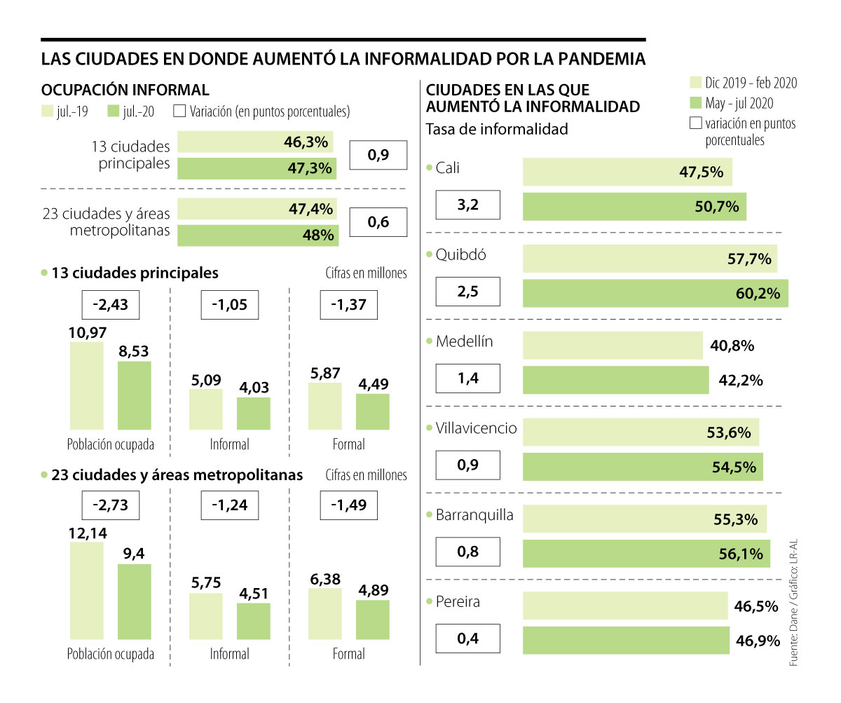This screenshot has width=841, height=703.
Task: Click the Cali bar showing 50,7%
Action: pos(634,207)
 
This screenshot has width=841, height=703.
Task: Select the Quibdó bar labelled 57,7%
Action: pos(650,259)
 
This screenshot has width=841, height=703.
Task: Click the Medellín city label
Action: pos(464,341)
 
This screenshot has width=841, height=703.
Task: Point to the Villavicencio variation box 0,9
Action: pos(467,467)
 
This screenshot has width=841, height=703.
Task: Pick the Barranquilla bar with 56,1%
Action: pos(645,553)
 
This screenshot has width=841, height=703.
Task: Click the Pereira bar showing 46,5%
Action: pos(625,606)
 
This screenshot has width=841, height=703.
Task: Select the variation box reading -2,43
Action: pos(110,306)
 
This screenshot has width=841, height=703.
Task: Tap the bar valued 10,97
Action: pos(87,385)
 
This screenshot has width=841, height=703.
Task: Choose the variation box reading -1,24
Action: pos(229,505)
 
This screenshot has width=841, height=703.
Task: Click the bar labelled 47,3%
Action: pos(257,168)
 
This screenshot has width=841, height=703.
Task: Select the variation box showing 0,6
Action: pos(378,223)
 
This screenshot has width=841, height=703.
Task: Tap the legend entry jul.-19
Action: pos(65,111)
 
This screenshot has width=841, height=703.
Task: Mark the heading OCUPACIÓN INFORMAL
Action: pos(125,90)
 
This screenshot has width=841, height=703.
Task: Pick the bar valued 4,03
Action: pos(253,413)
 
